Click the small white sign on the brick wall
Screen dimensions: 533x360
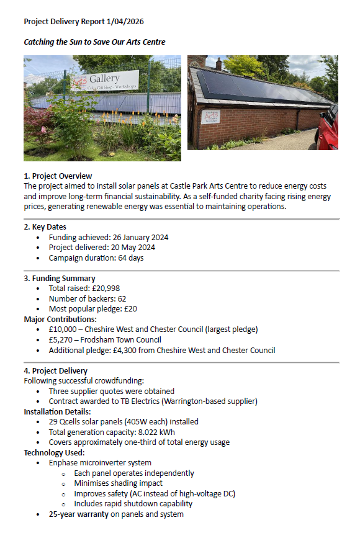tap(211, 117)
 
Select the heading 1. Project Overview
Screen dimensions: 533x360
tap(58, 176)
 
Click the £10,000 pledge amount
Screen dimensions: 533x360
tap(64, 329)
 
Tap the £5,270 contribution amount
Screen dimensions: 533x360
tap(61, 340)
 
